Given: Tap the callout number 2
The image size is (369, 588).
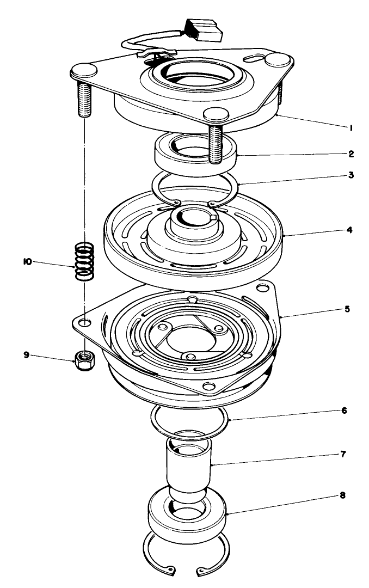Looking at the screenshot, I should pyautogui.click(x=352, y=154).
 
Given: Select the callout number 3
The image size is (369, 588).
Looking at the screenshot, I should pyautogui.click(x=352, y=175).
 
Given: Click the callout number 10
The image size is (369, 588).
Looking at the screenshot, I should pyautogui.click(x=26, y=262).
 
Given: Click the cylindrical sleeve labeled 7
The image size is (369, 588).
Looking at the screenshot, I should pyautogui.click(x=189, y=463).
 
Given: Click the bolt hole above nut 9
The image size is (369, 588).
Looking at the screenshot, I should pyautogui.click(x=85, y=323).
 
